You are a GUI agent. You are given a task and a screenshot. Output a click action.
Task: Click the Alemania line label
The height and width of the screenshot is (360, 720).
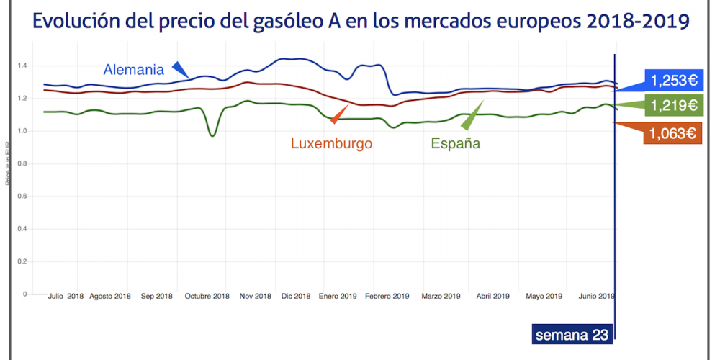click(135, 70)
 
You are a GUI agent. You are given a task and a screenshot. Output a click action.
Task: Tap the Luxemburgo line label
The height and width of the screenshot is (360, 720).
click(331, 143)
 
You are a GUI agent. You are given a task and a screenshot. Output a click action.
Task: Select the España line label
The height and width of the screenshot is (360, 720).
click(455, 143)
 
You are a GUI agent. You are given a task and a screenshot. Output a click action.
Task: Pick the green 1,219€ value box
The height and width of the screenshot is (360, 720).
click(673, 106)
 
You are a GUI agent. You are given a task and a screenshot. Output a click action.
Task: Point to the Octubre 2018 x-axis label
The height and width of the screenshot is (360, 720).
click(207, 296)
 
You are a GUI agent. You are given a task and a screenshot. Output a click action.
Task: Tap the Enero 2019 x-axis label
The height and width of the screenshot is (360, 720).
click(338, 296)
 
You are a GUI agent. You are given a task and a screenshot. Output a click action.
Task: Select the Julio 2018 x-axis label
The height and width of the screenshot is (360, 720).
click(66, 296)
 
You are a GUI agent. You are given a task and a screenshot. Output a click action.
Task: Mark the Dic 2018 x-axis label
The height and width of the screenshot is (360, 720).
click(296, 296)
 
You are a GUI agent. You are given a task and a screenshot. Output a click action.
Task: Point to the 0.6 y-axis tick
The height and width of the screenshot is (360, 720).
click(23, 197)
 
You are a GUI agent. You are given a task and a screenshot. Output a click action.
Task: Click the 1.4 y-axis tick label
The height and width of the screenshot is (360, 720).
click(23, 66)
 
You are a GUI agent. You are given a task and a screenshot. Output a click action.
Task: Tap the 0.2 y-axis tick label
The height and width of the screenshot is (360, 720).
click(23, 262)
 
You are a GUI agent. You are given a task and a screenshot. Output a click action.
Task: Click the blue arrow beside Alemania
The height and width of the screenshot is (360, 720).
click(180, 68)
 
